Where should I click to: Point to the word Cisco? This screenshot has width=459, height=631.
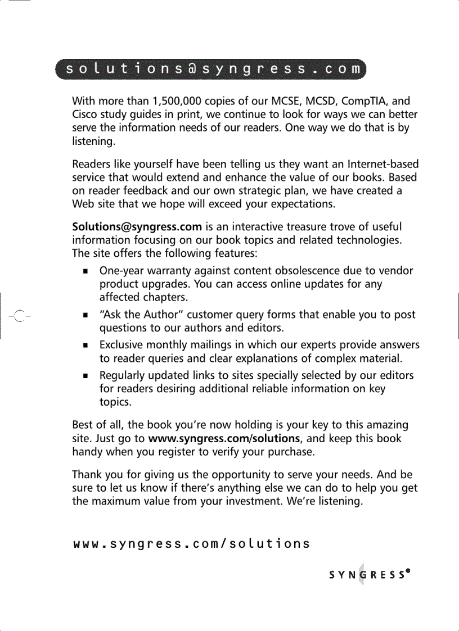[x=87, y=115]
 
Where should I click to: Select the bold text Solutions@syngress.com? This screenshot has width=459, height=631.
[x=137, y=227]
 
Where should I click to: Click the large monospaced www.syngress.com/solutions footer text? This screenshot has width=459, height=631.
[x=192, y=544]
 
